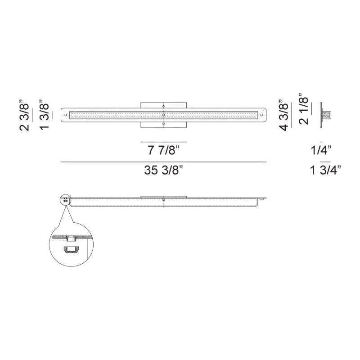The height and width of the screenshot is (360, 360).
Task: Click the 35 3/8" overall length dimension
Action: tap(163, 170)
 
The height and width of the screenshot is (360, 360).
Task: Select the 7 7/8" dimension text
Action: tap(163, 150)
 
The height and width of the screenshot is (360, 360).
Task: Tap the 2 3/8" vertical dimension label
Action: tap(24, 116)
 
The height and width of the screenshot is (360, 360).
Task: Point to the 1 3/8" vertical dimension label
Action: tap(44, 115)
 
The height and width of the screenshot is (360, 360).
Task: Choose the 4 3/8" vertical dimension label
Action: tap(284, 115)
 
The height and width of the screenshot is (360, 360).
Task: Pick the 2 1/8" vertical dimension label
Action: tap(303, 109)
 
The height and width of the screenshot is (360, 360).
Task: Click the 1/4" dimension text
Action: tap(321, 150)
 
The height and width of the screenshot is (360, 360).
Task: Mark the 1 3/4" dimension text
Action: tap(325, 170)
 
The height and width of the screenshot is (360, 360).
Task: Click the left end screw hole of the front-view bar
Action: tap(66, 115)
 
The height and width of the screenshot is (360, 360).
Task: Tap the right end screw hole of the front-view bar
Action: tap(261, 115)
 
